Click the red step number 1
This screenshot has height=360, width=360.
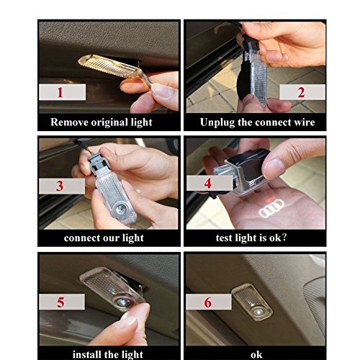[x=60, y=92]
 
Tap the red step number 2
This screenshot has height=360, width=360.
[x=301, y=92]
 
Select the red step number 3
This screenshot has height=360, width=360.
[x=60, y=186]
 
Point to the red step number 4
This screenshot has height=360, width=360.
[x=208, y=184]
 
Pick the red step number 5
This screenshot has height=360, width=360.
[x=60, y=302]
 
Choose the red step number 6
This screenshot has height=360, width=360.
[x=208, y=302]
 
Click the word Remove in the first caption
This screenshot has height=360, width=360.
[x=69, y=122]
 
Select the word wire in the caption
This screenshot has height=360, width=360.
[x=305, y=122]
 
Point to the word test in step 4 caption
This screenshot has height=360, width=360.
[x=224, y=238]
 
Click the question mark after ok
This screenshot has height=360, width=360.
[x=284, y=238]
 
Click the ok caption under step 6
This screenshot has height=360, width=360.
[x=256, y=355]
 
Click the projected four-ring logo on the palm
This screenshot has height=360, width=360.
[x=271, y=208]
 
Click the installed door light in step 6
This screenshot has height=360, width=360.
[x=253, y=302]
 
